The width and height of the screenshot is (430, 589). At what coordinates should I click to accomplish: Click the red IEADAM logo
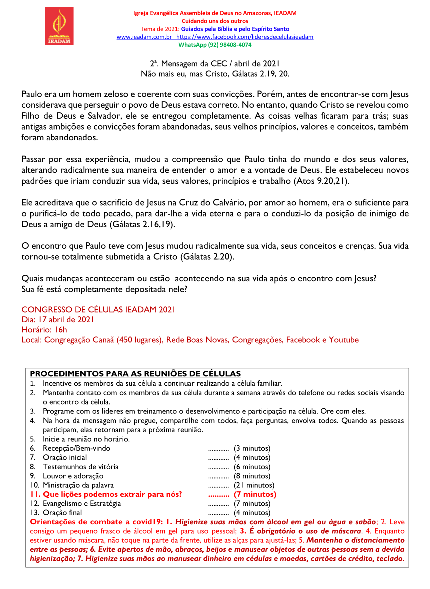[x=59, y=26]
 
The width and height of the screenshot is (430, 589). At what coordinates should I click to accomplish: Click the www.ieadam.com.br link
[x=144, y=37]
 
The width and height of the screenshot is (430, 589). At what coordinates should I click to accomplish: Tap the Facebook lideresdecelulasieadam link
[x=245, y=37]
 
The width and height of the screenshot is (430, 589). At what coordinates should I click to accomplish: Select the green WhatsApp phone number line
[x=215, y=45]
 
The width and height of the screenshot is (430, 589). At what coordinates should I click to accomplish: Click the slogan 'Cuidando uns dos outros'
[x=215, y=21]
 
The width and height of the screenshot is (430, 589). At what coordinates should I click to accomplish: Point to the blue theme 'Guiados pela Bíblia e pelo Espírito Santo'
[x=235, y=29]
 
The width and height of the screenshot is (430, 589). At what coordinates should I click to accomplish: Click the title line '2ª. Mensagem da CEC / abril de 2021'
[x=215, y=64]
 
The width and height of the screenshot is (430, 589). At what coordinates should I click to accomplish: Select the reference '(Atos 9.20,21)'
[x=321, y=181]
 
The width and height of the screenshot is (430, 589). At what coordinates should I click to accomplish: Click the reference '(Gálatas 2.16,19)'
[x=142, y=224]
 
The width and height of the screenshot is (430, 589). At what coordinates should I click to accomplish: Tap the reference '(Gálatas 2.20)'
[x=207, y=257]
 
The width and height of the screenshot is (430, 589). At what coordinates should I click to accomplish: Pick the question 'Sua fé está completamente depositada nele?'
[x=104, y=289]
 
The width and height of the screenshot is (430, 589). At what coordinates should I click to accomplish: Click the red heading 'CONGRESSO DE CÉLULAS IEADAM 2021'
[x=98, y=310]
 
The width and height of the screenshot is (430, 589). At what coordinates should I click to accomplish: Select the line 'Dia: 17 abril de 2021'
[x=57, y=319]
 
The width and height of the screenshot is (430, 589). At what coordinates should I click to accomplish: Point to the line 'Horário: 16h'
[x=44, y=330]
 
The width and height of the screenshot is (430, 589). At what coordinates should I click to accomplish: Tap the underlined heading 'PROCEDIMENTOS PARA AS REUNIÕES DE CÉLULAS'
[x=135, y=374]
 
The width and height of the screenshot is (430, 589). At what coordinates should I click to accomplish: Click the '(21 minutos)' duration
[x=254, y=485]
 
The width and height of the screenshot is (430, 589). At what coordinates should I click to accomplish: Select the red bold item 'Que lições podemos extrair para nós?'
[x=112, y=494]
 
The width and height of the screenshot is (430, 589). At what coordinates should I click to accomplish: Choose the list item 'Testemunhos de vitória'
[x=81, y=467]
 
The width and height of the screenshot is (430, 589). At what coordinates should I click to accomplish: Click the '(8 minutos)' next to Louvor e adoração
[x=252, y=476]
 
